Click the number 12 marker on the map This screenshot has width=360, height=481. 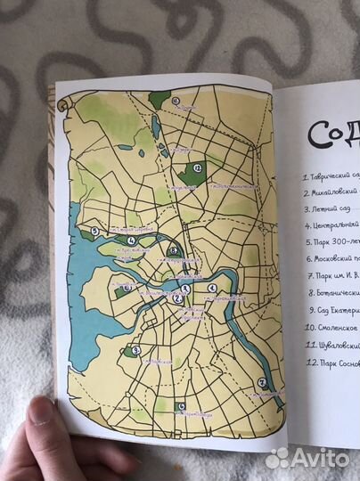point(197,167)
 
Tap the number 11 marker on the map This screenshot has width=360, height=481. point(176,100)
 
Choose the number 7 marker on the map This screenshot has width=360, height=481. point(262,383)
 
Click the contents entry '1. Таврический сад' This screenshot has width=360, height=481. point(330,175)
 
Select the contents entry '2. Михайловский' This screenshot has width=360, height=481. point(331,192)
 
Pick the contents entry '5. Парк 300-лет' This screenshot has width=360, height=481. point(331,241)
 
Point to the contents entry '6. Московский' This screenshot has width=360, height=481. point(331,258)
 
